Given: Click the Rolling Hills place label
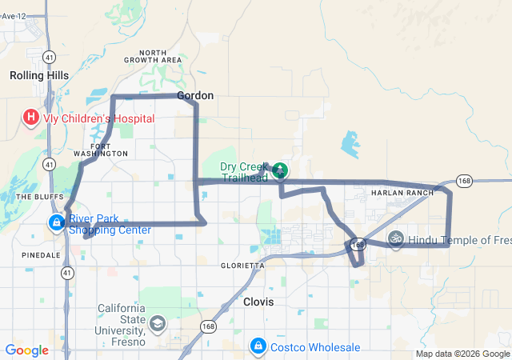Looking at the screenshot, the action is point(38,75).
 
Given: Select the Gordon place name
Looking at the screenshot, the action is point(195,95).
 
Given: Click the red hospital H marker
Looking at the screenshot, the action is point(31,119).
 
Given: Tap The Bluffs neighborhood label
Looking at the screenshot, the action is point(34,196).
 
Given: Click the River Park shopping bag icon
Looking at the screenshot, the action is point(57,222).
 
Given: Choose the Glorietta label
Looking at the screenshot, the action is point(242,265).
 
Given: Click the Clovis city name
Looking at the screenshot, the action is point(258,302).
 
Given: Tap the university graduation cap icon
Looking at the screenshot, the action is point(157,324).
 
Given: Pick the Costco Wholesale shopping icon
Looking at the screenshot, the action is point(258,346).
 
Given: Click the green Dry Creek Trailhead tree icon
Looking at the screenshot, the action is point(280,170).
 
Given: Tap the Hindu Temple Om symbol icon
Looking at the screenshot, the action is point(395,238).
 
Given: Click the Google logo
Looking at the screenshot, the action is point(26,350).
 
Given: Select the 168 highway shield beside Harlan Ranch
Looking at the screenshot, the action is point(465,182).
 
